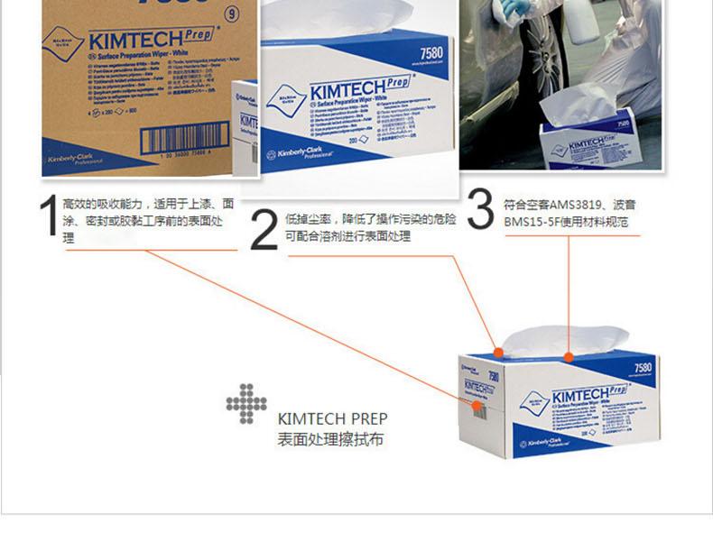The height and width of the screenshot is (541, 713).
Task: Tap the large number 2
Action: click(263, 232)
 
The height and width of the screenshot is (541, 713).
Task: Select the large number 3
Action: click(482, 210)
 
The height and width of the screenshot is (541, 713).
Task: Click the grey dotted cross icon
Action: click(246, 404)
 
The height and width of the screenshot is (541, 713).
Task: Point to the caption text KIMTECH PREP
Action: click(333, 419)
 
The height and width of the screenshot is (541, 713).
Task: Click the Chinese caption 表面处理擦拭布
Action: click(331, 440)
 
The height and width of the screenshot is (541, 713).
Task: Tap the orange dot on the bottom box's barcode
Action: click(476, 406)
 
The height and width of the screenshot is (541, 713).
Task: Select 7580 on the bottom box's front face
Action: click(643, 369)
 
